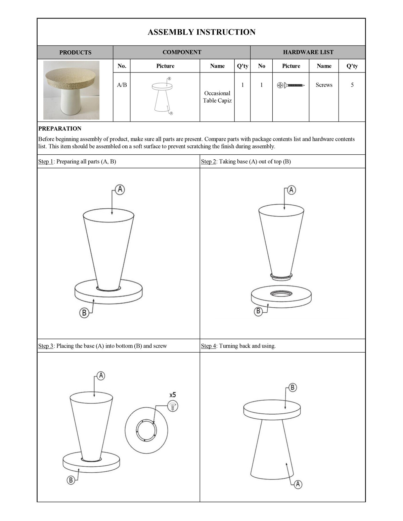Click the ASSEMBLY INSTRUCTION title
[x=201, y=32]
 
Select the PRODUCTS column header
[x=75, y=52]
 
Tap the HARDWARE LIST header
[x=308, y=52]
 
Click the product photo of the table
[x=72, y=90]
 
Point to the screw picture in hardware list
[x=291, y=85]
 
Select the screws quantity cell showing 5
[x=352, y=85]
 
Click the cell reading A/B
[x=122, y=85]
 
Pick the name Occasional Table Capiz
[x=217, y=97]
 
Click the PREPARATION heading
[x=60, y=128]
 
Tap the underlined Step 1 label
[x=46, y=161]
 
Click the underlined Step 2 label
[x=209, y=161]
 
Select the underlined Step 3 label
[x=46, y=346]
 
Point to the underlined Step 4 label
[x=209, y=346]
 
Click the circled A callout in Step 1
[x=120, y=190]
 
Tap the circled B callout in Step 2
[x=258, y=311]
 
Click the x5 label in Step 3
[x=173, y=395]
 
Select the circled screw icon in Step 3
[x=173, y=406]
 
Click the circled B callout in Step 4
[x=293, y=388]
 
